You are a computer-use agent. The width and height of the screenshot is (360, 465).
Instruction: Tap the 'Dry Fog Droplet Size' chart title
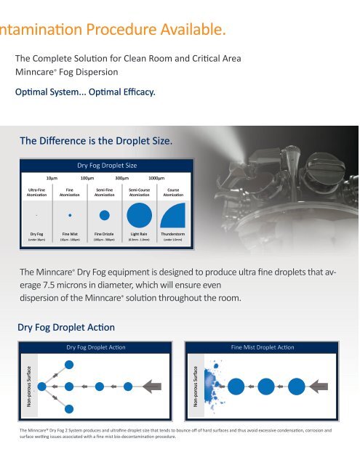point(107,165)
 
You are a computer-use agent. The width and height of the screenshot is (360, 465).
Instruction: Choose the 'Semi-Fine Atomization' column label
point(104,192)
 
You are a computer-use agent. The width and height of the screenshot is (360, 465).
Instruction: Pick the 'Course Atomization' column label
point(173,192)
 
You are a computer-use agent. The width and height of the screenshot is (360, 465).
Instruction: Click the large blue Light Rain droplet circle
point(139,216)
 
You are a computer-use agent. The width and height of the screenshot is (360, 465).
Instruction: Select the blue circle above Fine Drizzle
point(105,216)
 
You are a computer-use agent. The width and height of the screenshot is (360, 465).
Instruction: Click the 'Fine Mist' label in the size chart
point(70,233)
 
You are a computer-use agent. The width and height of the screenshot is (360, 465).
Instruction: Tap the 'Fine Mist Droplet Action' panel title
point(261,348)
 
